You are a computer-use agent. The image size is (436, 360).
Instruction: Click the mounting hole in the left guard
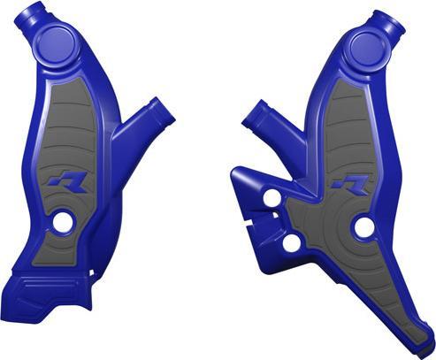click(x=63, y=223)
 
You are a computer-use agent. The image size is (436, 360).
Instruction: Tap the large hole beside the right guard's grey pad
click(x=363, y=226)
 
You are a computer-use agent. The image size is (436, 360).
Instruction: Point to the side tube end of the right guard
click(x=251, y=117)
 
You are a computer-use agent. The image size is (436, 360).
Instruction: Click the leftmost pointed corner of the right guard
click(x=232, y=170)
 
